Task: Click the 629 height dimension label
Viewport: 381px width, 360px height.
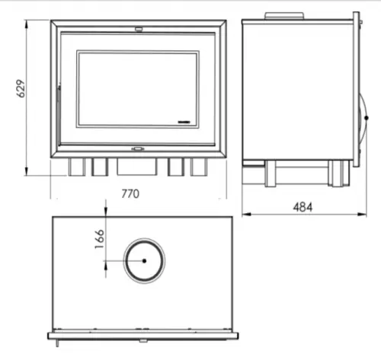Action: click(21, 88)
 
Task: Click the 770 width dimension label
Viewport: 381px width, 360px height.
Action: click(130, 194)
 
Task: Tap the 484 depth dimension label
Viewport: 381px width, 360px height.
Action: click(303, 207)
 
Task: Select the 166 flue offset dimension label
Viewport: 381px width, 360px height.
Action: click(100, 239)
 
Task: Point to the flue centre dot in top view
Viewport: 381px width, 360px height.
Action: click(144, 260)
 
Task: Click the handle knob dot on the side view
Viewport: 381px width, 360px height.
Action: click(367, 118)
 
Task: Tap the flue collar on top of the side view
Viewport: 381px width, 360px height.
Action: click(284, 16)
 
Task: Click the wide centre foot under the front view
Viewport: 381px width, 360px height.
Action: click(137, 167)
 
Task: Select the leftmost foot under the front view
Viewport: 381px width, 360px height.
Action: click(77, 167)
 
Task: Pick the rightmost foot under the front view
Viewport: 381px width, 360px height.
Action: click(199, 167)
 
